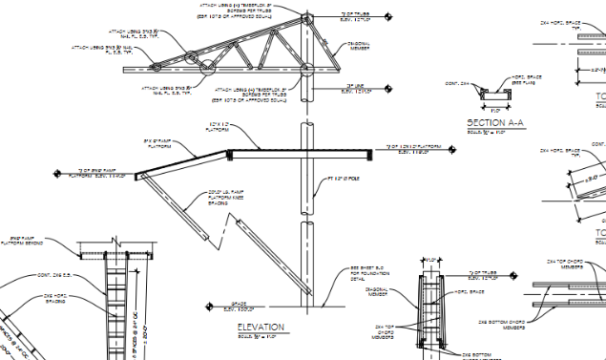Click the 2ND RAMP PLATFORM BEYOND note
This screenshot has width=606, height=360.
28,240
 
